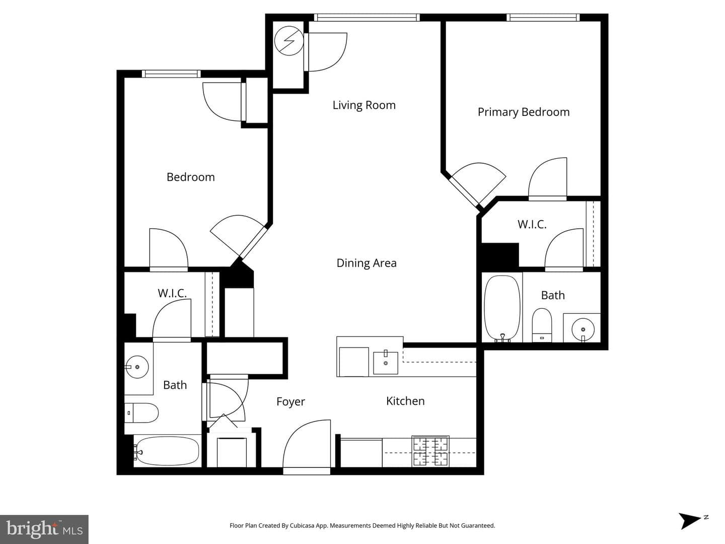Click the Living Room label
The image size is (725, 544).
[x=364, y=105]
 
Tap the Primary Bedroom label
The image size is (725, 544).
[x=524, y=112]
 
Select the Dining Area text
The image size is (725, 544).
[x=367, y=263]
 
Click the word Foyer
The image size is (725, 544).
[x=291, y=401]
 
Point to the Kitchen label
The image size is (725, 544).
[x=405, y=401]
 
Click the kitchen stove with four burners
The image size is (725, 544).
[x=430, y=451]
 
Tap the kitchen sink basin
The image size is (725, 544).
[x=386, y=362]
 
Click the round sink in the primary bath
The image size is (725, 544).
[x=583, y=329]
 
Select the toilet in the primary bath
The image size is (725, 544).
[x=542, y=325]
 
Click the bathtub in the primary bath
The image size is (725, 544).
[x=502, y=308]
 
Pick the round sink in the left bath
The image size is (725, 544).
[x=137, y=367]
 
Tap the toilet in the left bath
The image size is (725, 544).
[x=141, y=413]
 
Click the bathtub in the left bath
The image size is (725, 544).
[x=167, y=450]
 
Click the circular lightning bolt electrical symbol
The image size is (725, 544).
[x=288, y=41]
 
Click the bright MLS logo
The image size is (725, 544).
[x=44, y=529]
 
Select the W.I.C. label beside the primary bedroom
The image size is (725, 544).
[x=532, y=225]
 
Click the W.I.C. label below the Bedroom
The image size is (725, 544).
[x=172, y=293]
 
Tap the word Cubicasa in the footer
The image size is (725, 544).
[x=302, y=525]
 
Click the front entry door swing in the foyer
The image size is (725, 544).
[x=307, y=444]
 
